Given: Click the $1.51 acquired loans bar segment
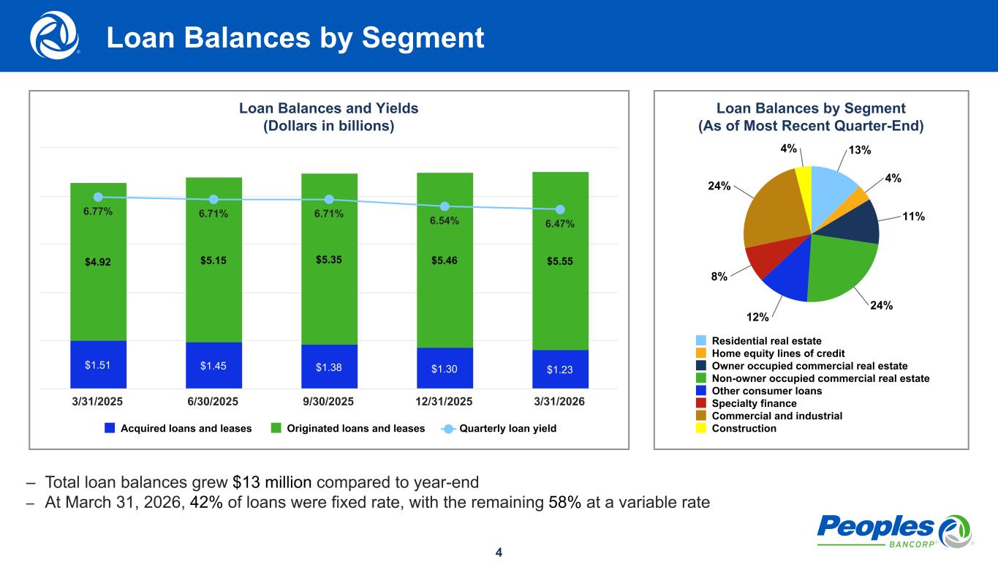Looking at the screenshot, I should pyautogui.click(x=98, y=364).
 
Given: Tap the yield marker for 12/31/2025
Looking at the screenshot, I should pyautogui.click(x=445, y=206).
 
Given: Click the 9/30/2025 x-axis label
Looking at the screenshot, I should pyautogui.click(x=328, y=402).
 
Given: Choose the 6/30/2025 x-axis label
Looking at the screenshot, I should pyautogui.click(x=213, y=402).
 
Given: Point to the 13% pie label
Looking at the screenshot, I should pyautogui.click(x=859, y=150).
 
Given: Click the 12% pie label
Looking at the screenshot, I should pyautogui.click(x=757, y=317).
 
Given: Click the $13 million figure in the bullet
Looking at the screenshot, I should pyautogui.click(x=272, y=482).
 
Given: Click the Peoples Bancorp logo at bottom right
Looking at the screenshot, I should pyautogui.click(x=894, y=531).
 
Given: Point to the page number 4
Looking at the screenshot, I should pyautogui.click(x=499, y=552).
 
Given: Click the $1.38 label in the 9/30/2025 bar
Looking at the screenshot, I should pyautogui.click(x=328, y=367).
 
